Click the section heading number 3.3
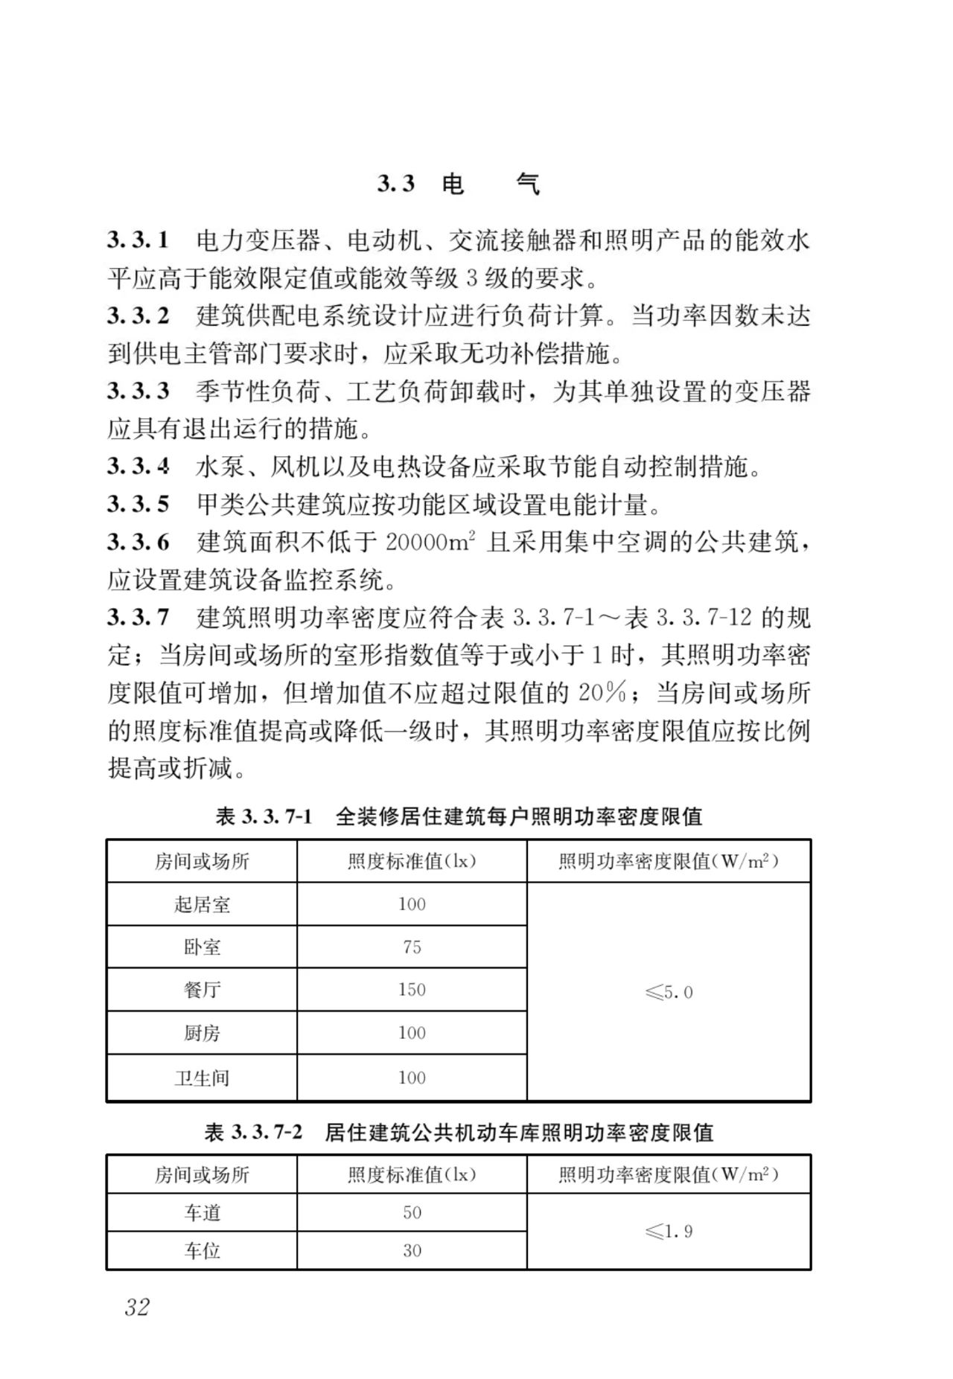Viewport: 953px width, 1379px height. point(395,184)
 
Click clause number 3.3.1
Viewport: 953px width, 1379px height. point(138,240)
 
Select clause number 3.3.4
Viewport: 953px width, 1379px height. point(138,467)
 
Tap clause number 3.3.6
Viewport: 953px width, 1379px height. point(138,542)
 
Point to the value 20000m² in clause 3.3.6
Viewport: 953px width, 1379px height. point(430,542)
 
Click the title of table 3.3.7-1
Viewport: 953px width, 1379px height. point(459,816)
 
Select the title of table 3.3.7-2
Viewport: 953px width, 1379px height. point(459,1132)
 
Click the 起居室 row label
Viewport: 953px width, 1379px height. point(202,904)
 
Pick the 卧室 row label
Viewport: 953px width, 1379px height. point(202,947)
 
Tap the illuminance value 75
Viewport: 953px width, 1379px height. point(412,947)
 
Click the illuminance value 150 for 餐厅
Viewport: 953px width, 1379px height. point(412,989)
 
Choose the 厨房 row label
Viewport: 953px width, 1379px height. point(202,1032)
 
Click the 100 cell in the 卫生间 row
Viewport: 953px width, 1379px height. point(412,1077)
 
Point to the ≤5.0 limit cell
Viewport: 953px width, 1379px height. point(669,992)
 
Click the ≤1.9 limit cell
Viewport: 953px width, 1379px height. point(669,1231)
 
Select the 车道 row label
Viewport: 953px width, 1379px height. point(202,1212)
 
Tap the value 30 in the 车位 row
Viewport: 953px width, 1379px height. point(412,1250)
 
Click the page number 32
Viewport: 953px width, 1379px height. point(138,1307)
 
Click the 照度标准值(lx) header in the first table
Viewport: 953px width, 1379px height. point(412,861)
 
